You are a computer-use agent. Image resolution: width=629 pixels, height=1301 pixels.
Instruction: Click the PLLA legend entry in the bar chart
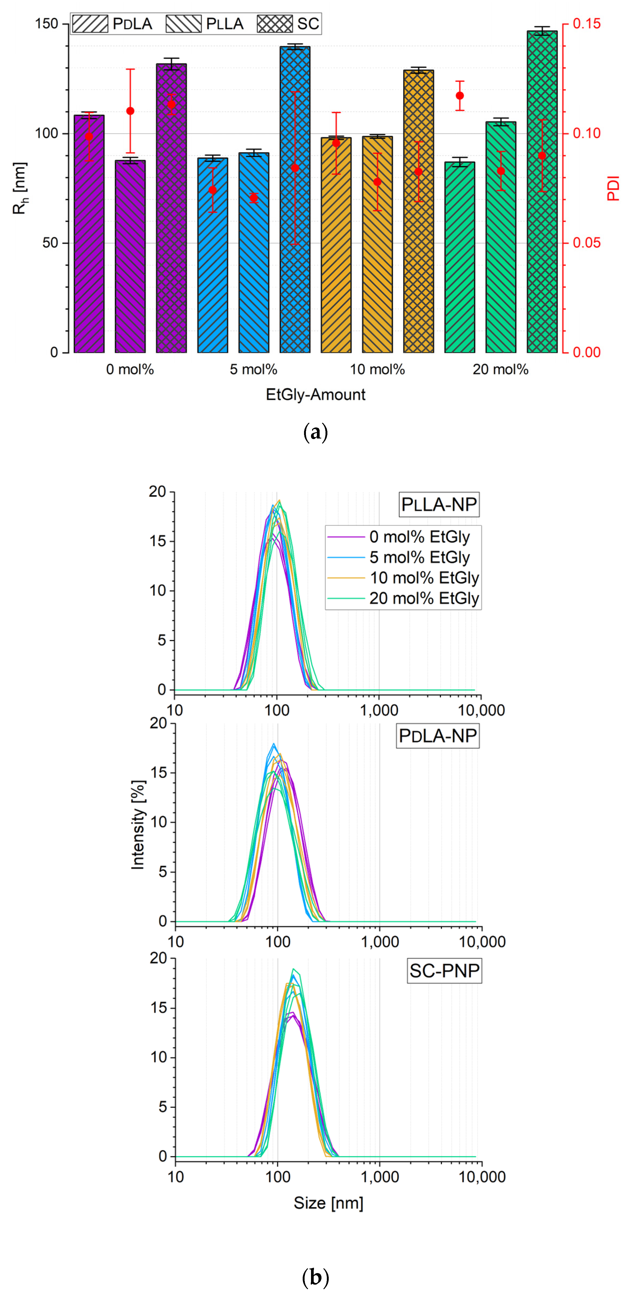[205, 24]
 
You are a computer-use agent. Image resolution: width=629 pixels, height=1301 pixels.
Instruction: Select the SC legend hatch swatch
[274, 24]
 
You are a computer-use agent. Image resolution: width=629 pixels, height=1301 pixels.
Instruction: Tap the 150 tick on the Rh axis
[46, 24]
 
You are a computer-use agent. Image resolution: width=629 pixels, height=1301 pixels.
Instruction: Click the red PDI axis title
[613, 188]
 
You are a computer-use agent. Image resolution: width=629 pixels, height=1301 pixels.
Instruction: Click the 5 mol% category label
[254, 370]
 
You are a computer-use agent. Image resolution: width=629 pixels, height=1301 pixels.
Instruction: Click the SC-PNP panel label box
[444, 971]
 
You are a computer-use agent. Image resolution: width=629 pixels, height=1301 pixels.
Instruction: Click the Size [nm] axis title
[328, 1203]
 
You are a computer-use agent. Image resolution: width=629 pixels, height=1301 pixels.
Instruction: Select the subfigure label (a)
[315, 433]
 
